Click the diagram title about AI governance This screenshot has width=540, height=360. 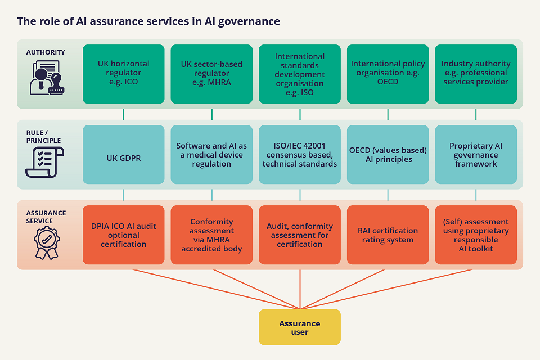148,21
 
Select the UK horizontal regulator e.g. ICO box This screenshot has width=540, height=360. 124,74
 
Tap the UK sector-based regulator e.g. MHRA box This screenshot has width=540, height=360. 211,74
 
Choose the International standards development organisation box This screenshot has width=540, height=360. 300,74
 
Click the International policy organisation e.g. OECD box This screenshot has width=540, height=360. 388,74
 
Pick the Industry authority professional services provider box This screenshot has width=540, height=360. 476,74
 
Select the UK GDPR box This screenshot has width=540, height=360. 124,155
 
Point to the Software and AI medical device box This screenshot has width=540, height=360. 211,155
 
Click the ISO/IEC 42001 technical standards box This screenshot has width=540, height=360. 300,155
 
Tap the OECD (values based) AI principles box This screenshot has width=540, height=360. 388,155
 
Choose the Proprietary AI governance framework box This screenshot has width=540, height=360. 476,155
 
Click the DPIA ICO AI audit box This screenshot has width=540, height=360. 124,235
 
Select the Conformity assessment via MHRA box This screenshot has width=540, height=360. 211,235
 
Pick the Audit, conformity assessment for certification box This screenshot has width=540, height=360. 300,235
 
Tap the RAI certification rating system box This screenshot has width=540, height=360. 388,235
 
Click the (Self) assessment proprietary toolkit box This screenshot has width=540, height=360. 476,235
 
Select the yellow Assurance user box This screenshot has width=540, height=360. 300,327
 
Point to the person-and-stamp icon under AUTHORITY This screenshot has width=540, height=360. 45,78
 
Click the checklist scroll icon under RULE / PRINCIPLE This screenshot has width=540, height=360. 44,161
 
